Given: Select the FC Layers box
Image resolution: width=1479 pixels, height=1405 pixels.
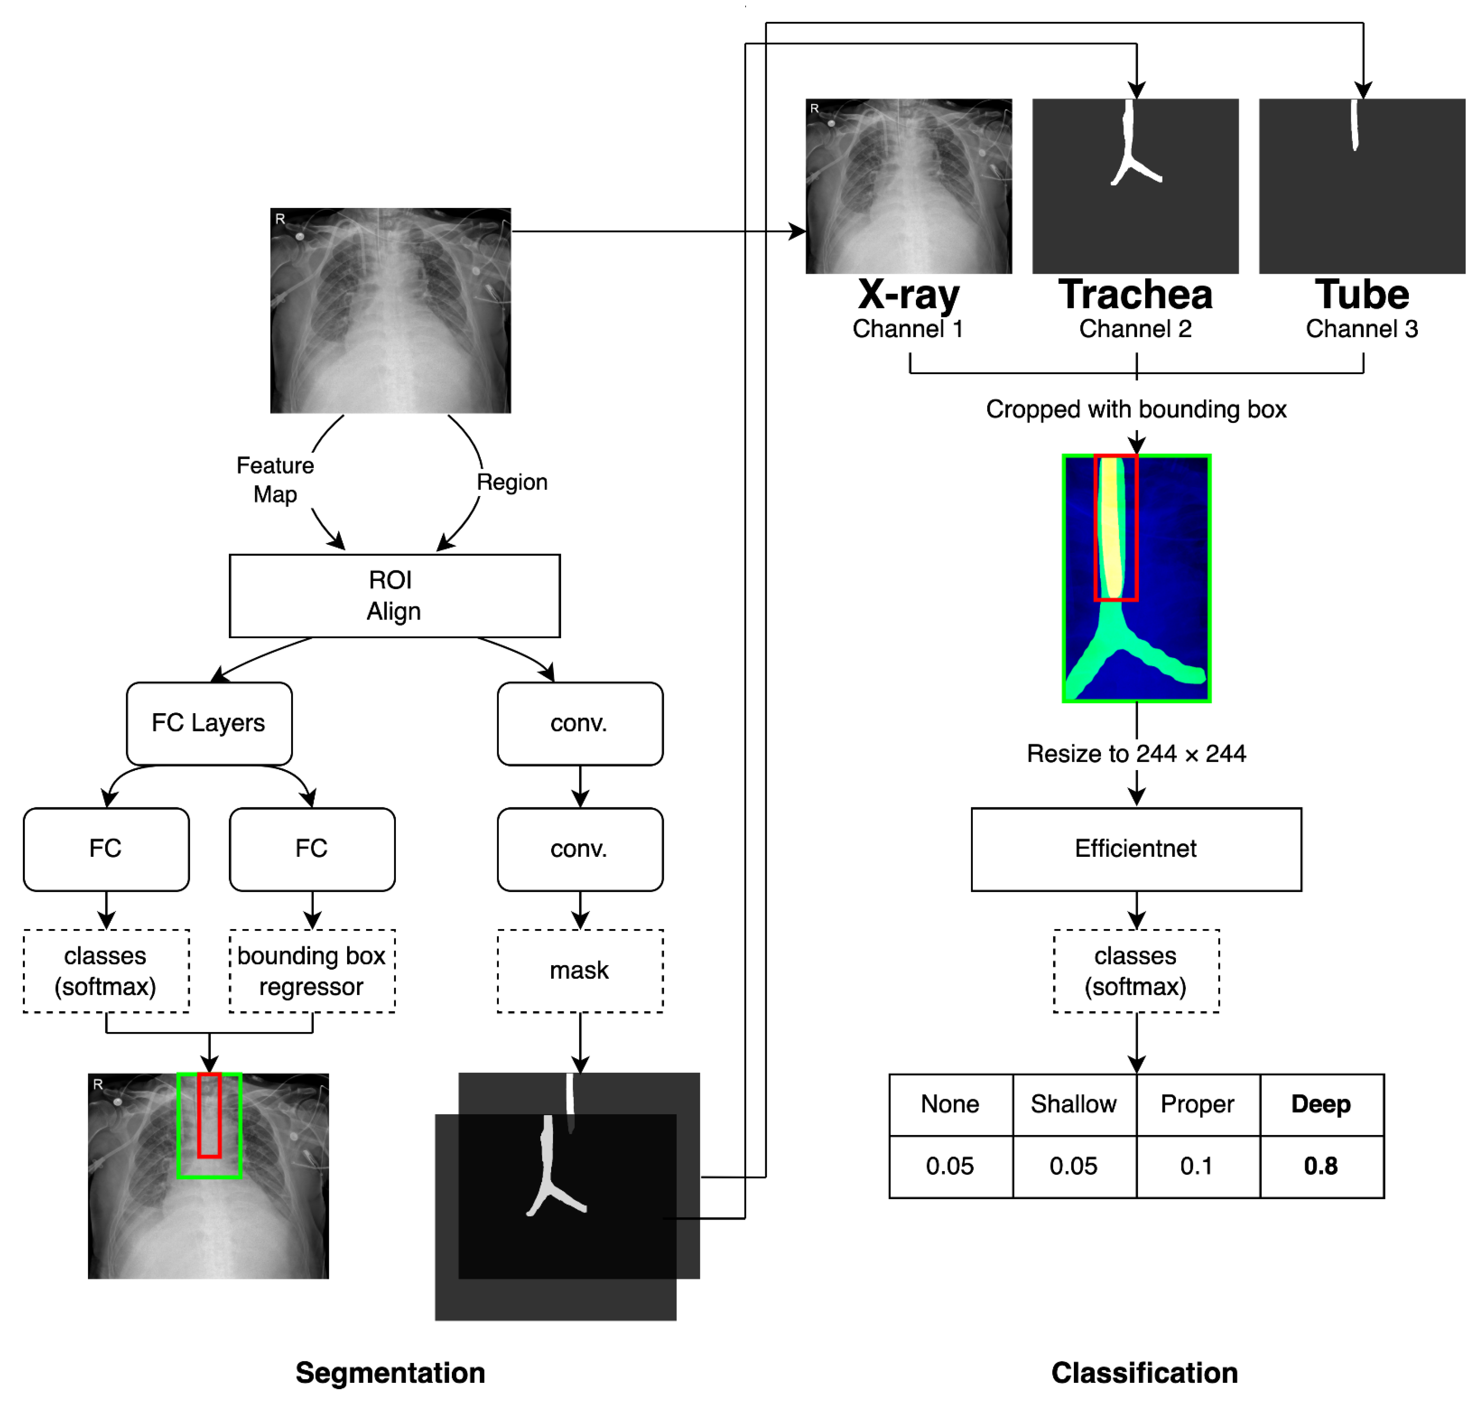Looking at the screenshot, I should pos(209,723).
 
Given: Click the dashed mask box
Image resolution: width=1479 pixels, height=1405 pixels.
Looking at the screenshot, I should pos(580,971).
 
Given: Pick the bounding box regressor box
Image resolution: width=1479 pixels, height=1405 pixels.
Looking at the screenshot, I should pos(311,971).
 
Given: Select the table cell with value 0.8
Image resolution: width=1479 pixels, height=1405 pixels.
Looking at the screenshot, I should pos(1321,1166).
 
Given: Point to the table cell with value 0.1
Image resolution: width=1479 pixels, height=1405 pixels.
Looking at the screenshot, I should pos(1197,1166).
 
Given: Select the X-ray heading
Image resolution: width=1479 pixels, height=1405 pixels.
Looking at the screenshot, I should pos(908,295).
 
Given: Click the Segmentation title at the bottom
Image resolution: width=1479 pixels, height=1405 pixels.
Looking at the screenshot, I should pos(390,1373).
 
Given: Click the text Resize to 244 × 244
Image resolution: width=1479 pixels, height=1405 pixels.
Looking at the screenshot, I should pos(1136,754).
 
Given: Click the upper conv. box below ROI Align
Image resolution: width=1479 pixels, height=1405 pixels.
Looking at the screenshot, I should pos(580,723).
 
